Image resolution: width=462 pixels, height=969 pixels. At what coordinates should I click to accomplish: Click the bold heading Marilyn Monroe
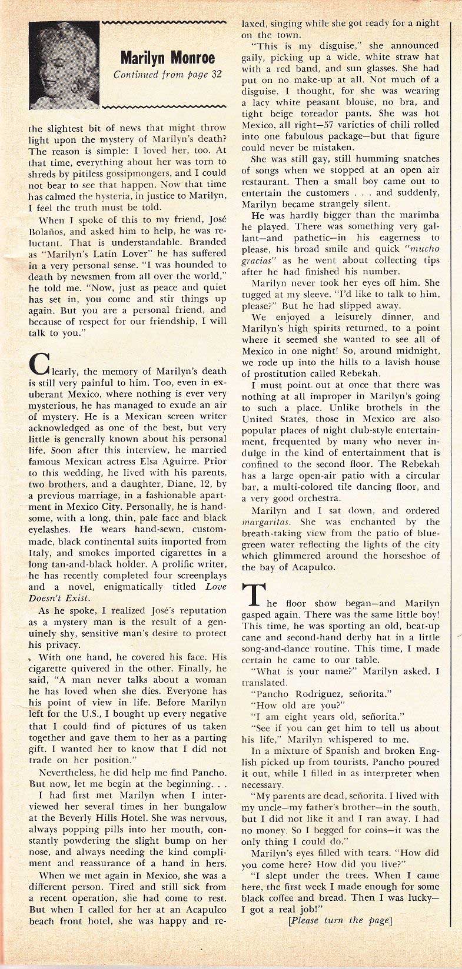(167, 57)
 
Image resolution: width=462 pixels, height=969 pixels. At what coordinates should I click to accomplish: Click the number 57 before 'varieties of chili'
(301, 125)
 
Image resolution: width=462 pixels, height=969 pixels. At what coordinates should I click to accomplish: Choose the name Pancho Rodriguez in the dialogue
(297, 693)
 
